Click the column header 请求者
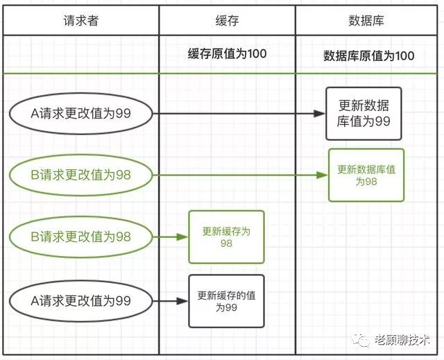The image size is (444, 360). point(80,21)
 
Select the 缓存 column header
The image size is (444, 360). point(227,21)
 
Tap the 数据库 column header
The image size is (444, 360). point(366,21)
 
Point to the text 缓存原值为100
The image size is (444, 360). point(227,54)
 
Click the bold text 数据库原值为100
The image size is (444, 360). point(368,55)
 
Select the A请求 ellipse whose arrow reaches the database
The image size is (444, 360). point(81,114)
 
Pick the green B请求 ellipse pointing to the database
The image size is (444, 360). point(81,175)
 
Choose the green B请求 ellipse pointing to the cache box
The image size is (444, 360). point(81,237)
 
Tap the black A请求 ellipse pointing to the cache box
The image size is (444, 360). point(81,300)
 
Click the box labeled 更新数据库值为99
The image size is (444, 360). point(364,114)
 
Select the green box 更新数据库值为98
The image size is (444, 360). point(366,175)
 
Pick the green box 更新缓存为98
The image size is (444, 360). point(227,237)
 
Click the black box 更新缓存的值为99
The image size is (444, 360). point(227,301)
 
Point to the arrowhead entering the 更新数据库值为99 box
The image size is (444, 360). point(319,114)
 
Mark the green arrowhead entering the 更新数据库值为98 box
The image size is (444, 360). point(322,175)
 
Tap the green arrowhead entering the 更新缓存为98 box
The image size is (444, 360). point(182,237)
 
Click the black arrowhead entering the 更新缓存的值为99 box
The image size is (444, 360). point(182,301)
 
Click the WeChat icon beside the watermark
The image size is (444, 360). point(361,340)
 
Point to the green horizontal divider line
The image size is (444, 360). point(220,74)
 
